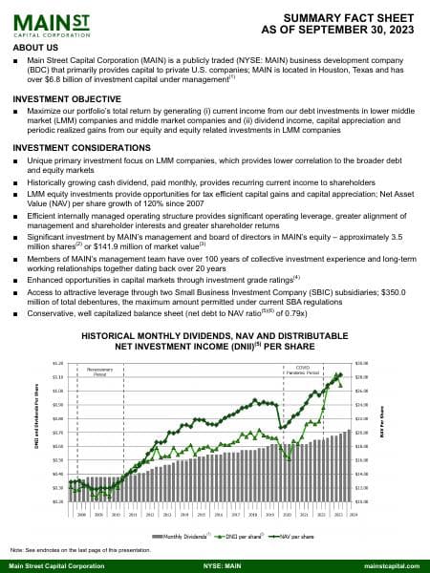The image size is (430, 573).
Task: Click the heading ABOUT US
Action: click(36, 46)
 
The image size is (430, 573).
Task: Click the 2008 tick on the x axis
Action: click(82, 514)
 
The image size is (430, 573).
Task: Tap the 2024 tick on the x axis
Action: click(353, 514)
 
